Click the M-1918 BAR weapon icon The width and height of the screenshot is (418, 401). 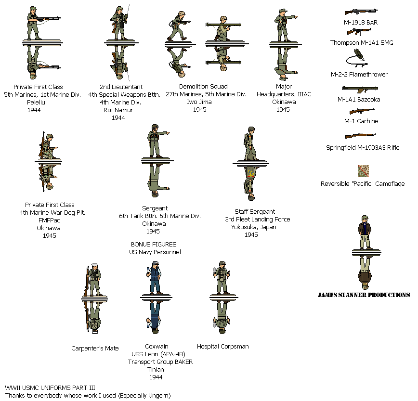tap(361, 12)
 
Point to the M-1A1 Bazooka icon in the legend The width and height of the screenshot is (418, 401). tap(360, 89)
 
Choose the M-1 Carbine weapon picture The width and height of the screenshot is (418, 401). tap(362, 111)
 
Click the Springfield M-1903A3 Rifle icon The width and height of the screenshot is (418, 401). tap(360, 136)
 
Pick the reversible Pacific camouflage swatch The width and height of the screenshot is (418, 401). tap(364, 171)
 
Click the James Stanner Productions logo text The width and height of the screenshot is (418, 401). tap(364, 295)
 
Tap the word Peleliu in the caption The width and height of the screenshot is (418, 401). tap(36, 103)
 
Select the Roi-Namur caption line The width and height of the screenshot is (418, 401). tap(118, 110)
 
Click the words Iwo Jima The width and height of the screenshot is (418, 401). tap(199, 102)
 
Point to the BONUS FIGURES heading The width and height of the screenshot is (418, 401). tap(154, 245)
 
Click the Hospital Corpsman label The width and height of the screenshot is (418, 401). tap(223, 347)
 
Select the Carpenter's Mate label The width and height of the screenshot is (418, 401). tap(95, 348)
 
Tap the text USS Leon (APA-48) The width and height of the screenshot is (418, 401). tap(158, 354)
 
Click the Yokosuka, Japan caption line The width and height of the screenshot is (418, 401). tap(253, 227)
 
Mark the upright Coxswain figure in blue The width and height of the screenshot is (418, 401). tap(155, 278)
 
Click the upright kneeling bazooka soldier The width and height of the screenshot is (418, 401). tap(223, 28)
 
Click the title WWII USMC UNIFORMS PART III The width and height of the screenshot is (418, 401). tap(50, 388)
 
